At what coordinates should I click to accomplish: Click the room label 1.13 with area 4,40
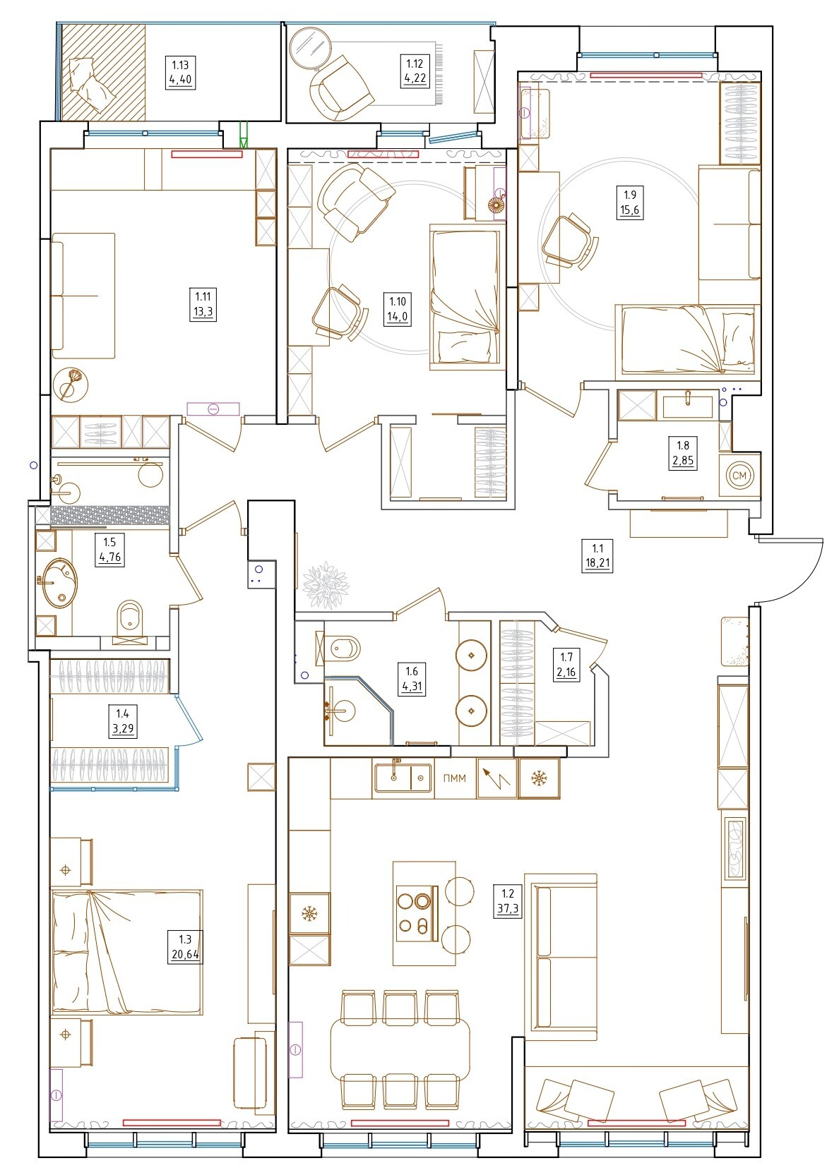coord(180,73)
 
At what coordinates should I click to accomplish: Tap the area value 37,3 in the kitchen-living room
coord(508,909)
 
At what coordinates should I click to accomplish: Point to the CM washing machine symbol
coord(739,476)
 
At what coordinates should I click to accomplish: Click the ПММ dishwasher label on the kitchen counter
coord(454,778)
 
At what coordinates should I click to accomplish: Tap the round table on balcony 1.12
coord(311,48)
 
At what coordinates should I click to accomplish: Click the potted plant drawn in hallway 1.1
coord(326,585)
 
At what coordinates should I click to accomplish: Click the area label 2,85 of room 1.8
coord(683,462)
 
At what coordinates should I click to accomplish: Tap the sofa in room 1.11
coord(83,296)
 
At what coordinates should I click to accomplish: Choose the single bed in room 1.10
coord(465,297)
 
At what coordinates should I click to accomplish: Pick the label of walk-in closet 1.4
coord(123,721)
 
